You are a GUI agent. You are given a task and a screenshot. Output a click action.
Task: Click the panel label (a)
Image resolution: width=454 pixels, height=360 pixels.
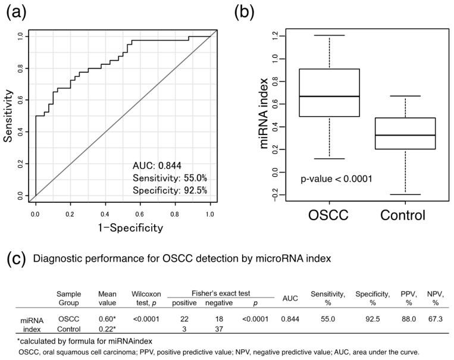click(16, 12)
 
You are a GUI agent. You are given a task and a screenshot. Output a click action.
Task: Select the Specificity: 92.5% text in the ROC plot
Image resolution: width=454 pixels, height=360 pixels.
click(171, 190)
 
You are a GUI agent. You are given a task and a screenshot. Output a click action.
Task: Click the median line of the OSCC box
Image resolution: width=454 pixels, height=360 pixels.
click(329, 96)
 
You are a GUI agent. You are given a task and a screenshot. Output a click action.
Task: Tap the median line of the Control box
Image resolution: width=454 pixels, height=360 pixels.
click(405, 135)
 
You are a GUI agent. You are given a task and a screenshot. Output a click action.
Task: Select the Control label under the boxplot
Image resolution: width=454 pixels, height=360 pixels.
click(405, 215)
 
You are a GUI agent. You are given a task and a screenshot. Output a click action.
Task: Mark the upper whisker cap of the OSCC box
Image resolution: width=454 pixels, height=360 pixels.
click(329, 36)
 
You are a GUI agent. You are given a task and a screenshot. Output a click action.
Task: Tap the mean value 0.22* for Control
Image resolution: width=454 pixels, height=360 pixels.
click(108, 329)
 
